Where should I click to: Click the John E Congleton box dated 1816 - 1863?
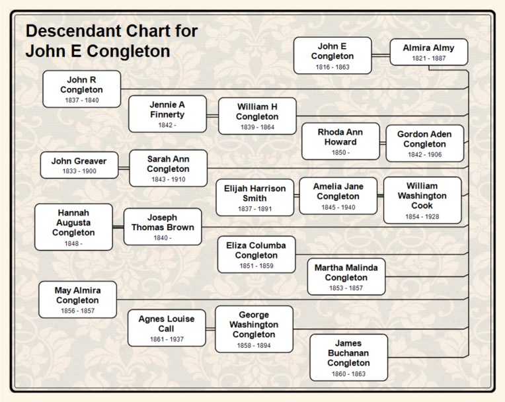pos(332,56)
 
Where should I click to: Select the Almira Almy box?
pos(428,52)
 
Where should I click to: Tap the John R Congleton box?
pos(82,89)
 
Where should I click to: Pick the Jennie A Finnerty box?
pos(167,114)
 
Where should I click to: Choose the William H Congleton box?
pos(257,116)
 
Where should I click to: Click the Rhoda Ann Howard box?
pos(340,141)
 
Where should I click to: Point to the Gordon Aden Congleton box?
pos(424,143)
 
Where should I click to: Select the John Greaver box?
pos(79,165)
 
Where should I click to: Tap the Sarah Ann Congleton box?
pos(168,168)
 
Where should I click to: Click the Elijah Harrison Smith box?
pos(254,197)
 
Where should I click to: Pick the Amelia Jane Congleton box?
pos(338,196)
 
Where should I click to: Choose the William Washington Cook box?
pos(422,200)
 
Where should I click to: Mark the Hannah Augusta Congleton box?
pos(73,227)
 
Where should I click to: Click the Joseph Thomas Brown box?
pos(163,227)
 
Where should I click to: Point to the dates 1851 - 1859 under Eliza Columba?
pos(256,266)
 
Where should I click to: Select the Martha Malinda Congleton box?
pos(346,276)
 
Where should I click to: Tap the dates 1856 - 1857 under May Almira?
pos(77,311)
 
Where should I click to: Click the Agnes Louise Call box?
pos(167,328)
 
